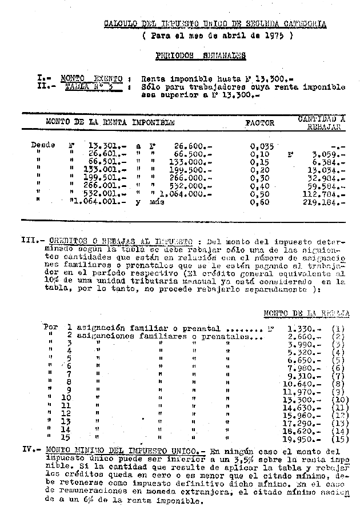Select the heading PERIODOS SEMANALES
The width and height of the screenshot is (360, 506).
201,56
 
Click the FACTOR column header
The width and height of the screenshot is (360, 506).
260,123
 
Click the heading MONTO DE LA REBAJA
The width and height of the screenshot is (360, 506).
306,313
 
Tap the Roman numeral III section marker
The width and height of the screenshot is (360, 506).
30,241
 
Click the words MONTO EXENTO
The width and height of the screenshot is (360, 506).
91,78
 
